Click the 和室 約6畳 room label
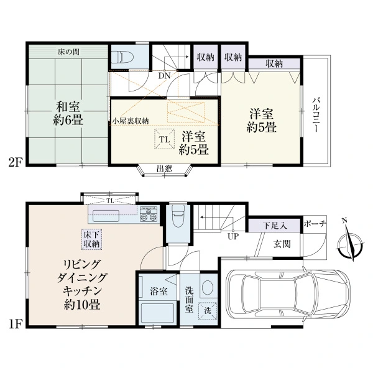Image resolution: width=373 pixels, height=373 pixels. click(68, 113)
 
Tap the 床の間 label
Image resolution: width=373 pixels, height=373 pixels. click(68, 52)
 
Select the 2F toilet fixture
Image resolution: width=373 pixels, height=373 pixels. click(122, 57)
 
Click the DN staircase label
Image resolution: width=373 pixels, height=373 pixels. click(165, 76)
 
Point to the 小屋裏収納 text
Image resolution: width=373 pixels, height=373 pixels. click(131, 121)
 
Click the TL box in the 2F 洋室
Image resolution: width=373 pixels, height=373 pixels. click(165, 139)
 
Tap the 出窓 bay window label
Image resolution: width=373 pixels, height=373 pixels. click(164, 169)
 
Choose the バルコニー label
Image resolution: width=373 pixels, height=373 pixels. click(316, 114)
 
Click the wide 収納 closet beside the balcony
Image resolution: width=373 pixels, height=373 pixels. click(274, 64)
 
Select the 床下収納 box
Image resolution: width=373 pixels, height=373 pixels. click(91, 239)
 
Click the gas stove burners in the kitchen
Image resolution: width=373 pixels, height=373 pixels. click(149, 214)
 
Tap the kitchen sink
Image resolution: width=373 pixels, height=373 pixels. click(106, 216)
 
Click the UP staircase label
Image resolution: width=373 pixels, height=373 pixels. click(233, 237)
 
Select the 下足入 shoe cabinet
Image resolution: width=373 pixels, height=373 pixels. click(274, 225)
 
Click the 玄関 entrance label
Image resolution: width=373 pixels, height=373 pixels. click(282, 244)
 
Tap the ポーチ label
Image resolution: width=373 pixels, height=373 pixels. click(315, 224)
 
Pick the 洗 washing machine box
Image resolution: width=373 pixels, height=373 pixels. click(208, 311)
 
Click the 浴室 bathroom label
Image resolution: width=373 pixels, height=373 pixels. click(159, 292)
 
